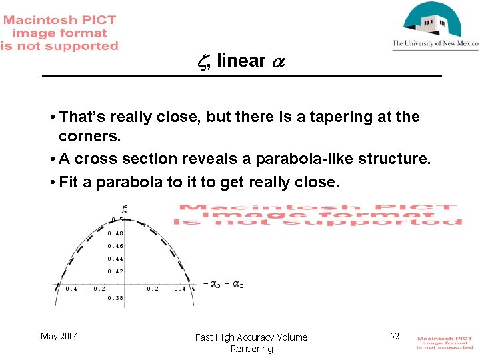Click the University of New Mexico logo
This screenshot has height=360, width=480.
click(x=435, y=25)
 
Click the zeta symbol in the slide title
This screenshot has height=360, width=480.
click(x=203, y=61)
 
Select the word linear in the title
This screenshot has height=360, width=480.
click(x=241, y=61)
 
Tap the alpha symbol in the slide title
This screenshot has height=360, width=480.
click(x=279, y=62)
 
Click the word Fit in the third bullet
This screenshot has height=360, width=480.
click(x=69, y=182)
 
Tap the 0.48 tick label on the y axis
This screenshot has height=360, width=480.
click(x=115, y=233)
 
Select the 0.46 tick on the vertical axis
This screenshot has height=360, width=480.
click(x=115, y=246)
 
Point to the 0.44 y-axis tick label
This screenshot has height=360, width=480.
click(x=115, y=259)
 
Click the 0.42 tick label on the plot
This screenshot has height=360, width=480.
click(x=115, y=271)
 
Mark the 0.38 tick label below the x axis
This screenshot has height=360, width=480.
click(x=115, y=298)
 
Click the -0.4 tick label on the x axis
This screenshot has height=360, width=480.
click(x=69, y=289)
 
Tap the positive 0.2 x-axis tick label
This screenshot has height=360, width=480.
click(x=153, y=289)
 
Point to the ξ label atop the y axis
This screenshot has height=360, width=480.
click(x=124, y=209)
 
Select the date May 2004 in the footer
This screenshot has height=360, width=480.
click(x=59, y=336)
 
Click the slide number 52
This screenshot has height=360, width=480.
click(x=395, y=336)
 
